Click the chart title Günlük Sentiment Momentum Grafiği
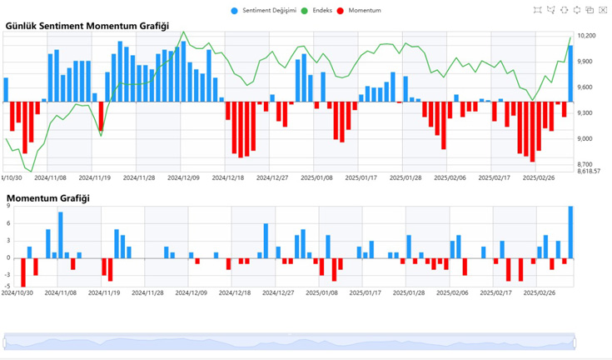[x=75, y=26]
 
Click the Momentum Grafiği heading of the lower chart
[x=48, y=198]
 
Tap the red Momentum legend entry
[x=359, y=11]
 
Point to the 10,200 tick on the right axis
[x=586, y=37]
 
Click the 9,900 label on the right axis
[x=586, y=62]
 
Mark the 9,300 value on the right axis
[x=586, y=113]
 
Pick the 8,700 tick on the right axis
[x=586, y=165]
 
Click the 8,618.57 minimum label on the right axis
[x=589, y=171]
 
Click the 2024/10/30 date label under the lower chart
[x=17, y=292]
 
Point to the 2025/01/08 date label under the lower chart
[x=320, y=292]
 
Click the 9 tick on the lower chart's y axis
[x=7, y=207]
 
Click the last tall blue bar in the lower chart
[x=570, y=232]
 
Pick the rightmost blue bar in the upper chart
[x=570, y=74]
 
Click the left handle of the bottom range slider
[x=4, y=342]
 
